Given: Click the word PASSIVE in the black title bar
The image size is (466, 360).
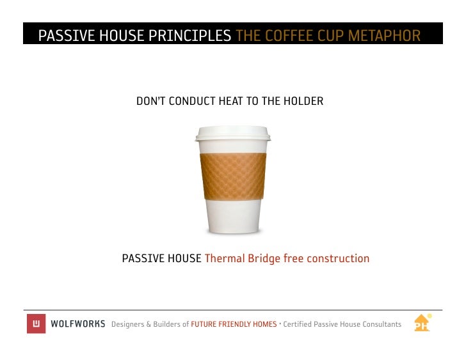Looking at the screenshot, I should (x=66, y=36).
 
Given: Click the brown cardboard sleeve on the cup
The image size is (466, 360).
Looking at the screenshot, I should (x=233, y=176).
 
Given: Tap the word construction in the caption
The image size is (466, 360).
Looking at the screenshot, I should (x=337, y=259).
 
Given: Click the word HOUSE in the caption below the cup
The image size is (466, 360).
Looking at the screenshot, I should (x=183, y=259).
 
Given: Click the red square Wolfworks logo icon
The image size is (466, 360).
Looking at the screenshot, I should (x=36, y=324).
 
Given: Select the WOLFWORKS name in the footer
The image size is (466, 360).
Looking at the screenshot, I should (x=77, y=324).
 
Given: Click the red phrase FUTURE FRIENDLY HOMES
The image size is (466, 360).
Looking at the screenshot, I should (x=234, y=324).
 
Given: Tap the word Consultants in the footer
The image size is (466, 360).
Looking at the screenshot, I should (x=380, y=324).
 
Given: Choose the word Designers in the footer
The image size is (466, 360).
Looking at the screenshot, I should (x=127, y=324).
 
